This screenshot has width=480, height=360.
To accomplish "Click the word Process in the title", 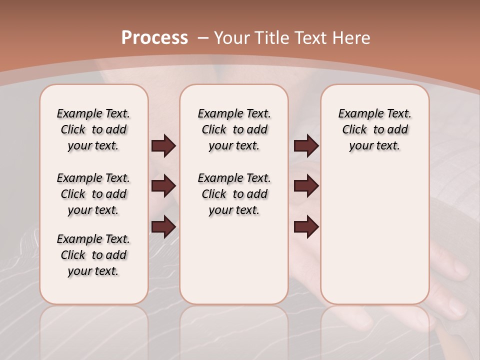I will pos(154,38).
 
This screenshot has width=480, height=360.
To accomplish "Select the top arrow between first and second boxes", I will pos(163,145).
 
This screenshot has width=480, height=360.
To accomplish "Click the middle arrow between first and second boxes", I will pos(163,186).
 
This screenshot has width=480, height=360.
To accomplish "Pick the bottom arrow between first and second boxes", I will pos(163,226).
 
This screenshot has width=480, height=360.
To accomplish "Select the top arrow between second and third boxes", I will pos(306,145).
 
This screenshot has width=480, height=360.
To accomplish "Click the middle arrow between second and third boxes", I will pos(306,186).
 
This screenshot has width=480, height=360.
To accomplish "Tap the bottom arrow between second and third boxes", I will pos(306,226).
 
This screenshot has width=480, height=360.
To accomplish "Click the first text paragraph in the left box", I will pos(93,129).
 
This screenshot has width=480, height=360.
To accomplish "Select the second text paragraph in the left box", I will pos(93,194).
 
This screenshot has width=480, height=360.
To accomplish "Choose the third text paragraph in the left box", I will pos(93,255).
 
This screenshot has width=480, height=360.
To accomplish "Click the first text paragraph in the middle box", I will pos(234,129).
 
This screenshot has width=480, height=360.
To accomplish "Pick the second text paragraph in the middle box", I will pos(234,194).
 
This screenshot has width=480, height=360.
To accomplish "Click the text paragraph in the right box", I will pos(374,129).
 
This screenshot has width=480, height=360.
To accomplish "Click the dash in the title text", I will pos(203,38).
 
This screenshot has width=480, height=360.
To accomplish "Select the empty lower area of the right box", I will pos(374,235).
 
